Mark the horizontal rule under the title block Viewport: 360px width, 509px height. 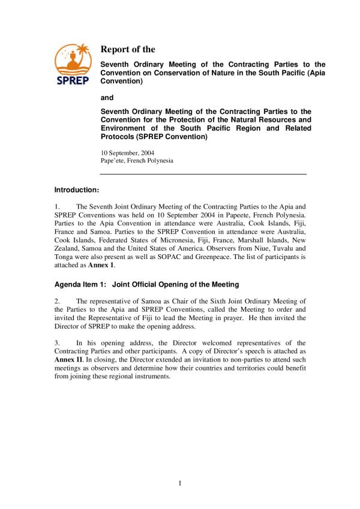click(203, 174)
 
